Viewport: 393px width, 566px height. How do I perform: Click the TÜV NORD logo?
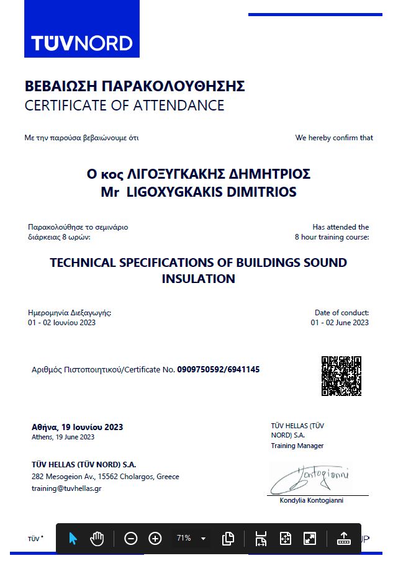82,43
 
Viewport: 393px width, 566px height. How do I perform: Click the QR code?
341,375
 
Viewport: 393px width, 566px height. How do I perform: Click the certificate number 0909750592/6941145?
218,369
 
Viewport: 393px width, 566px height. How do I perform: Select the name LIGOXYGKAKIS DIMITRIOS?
211,192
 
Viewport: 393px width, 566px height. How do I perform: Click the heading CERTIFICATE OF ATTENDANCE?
124,106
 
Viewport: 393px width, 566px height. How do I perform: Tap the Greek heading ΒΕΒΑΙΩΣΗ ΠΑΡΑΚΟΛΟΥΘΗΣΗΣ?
135,86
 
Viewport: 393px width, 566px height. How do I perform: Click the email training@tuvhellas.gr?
66,488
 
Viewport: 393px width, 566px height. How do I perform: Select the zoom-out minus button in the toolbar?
130,538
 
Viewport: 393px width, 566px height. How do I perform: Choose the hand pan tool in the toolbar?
97,538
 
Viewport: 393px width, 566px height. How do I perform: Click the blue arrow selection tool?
73,538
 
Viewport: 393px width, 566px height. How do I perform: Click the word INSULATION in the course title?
198,279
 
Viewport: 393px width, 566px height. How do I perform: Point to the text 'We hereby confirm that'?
334,138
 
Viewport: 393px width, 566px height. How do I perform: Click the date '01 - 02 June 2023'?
340,322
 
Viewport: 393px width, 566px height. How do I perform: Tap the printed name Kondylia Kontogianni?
311,500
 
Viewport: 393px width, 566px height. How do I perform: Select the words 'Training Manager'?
297,446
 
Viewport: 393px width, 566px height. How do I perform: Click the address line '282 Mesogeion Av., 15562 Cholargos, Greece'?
105,477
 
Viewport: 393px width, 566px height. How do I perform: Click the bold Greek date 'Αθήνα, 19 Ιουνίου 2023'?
77,427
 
